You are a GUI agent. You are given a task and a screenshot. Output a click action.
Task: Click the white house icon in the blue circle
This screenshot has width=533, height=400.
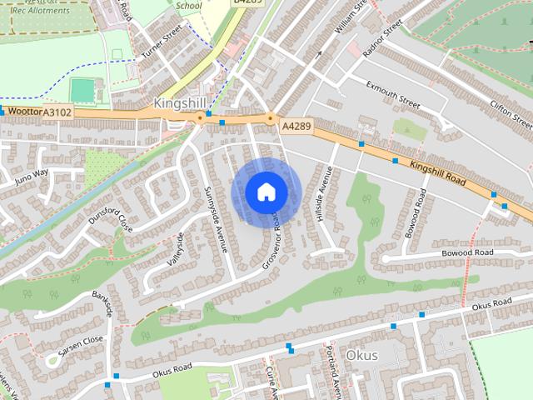[266, 192]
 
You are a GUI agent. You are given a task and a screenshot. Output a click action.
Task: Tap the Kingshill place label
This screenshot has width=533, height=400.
[179, 102]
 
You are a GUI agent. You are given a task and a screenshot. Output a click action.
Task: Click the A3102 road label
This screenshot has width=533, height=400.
[57, 112]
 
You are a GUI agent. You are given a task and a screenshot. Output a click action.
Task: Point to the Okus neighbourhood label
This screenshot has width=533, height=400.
[361, 356]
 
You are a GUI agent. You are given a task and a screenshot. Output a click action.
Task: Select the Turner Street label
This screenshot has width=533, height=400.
[161, 44]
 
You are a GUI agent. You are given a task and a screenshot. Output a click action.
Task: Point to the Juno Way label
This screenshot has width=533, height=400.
[32, 174]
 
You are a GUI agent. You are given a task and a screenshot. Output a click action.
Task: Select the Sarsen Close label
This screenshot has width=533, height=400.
[81, 340]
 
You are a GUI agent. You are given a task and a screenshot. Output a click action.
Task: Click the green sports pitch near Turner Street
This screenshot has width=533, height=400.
[82, 89]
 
